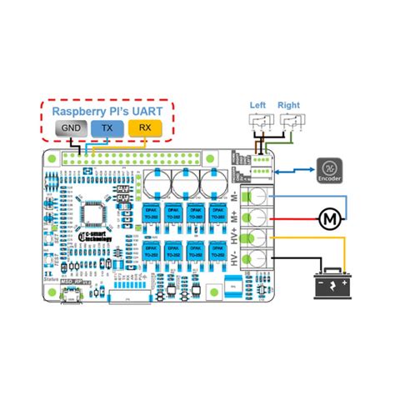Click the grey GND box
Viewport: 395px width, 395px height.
click(x=72, y=128)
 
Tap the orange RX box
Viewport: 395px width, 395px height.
click(x=144, y=128)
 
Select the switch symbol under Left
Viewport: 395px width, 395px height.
click(x=261, y=123)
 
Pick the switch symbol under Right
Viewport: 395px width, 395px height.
click(x=292, y=123)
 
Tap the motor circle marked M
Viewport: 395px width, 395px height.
click(x=330, y=218)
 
